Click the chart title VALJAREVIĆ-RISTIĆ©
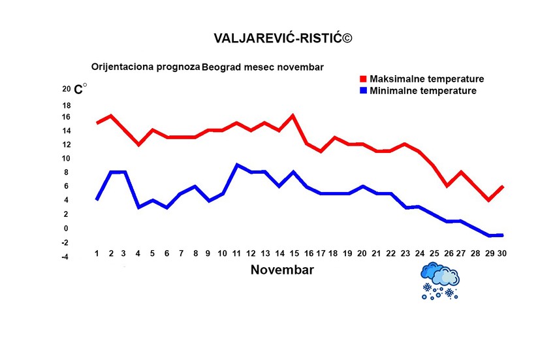point(282,39)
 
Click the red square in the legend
point(364,79)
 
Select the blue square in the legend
point(364,91)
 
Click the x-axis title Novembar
point(282,270)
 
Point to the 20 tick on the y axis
point(66,89)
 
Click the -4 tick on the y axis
point(65,257)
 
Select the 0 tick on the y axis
point(66,229)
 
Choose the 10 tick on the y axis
point(66,159)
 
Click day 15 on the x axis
point(293,254)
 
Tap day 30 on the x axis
point(502,254)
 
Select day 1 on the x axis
point(97,254)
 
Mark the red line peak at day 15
point(293,116)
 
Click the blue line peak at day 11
point(237,165)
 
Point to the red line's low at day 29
point(488,200)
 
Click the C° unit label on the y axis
point(80,90)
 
